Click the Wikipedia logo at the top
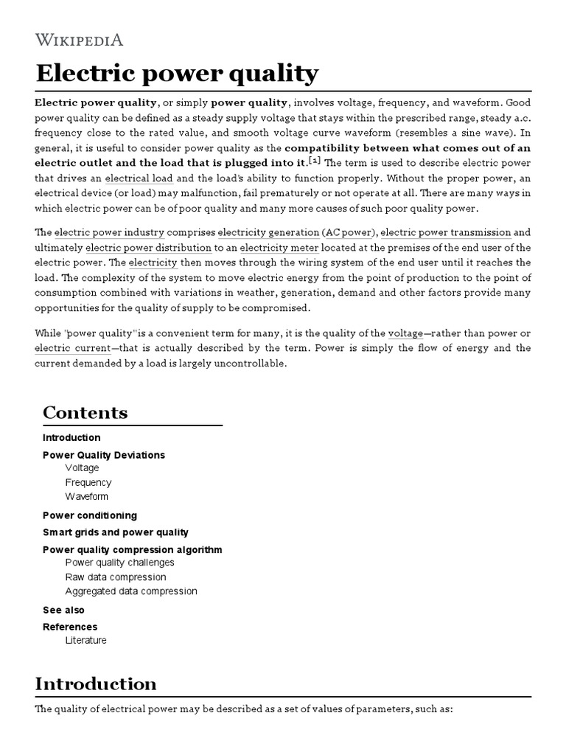click(x=79, y=40)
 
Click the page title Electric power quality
click(x=177, y=74)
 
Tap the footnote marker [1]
click(x=314, y=161)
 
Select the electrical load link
click(x=139, y=178)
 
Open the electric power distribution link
click(x=149, y=248)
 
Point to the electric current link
click(x=72, y=348)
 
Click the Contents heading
click(x=85, y=413)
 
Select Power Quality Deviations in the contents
click(x=104, y=455)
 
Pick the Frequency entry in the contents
click(x=88, y=482)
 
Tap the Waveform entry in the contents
click(x=86, y=496)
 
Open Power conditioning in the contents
click(x=90, y=515)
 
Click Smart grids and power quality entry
click(x=116, y=532)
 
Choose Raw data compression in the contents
click(x=116, y=577)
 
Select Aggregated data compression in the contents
click(x=131, y=591)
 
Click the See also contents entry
click(x=63, y=610)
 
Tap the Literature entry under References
click(x=85, y=640)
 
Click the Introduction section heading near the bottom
click(x=96, y=683)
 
